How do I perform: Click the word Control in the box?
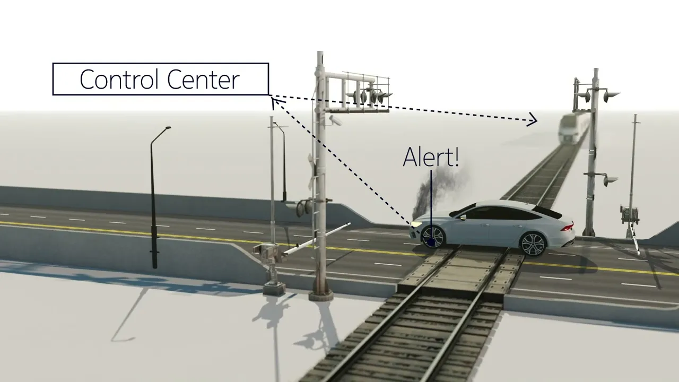(120, 79)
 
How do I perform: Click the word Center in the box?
(203, 79)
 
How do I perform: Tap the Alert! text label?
(431, 157)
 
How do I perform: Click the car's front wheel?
(432, 237)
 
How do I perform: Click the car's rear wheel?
(533, 244)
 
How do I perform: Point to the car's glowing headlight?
(416, 224)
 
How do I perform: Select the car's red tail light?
(568, 227)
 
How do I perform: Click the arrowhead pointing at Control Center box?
(276, 101)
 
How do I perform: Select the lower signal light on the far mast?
(610, 180)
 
